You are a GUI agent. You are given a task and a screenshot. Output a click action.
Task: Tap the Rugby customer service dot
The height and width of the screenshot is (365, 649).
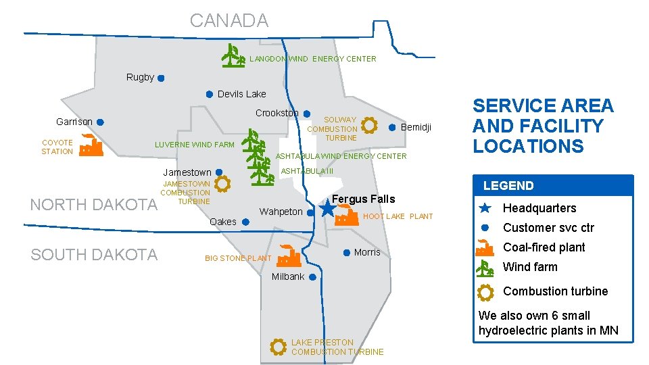click(x=161, y=78)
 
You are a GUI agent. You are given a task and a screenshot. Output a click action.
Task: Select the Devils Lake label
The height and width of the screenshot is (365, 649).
click(x=241, y=94)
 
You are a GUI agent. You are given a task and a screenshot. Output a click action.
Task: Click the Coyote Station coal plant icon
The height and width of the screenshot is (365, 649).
click(x=90, y=145)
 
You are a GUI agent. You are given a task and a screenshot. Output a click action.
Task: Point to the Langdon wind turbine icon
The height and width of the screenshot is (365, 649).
click(x=233, y=56)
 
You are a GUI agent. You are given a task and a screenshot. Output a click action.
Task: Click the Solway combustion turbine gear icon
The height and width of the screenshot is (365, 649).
click(x=369, y=125)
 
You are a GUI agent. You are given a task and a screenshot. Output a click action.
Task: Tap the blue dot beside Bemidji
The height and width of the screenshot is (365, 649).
click(x=392, y=127)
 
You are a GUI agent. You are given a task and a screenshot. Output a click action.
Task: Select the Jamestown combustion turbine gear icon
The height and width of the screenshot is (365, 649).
click(x=222, y=182)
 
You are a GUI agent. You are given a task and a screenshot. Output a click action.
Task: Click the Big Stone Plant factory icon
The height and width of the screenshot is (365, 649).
click(x=289, y=256)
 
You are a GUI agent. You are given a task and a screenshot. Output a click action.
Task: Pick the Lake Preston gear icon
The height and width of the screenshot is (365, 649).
click(x=278, y=347)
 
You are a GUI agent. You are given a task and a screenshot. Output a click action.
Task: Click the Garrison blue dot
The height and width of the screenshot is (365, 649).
click(x=99, y=122)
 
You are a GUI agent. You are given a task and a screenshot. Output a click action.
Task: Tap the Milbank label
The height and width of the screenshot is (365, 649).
click(x=288, y=276)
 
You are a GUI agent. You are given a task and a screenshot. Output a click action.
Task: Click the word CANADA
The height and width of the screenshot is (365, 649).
click(x=229, y=20)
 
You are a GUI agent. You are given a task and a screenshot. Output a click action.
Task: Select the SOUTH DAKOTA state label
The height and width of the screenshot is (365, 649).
click(x=94, y=254)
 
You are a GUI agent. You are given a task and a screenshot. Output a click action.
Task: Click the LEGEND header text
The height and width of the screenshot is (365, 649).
click(x=508, y=186)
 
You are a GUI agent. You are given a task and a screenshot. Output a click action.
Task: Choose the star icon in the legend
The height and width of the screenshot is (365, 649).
click(x=484, y=208)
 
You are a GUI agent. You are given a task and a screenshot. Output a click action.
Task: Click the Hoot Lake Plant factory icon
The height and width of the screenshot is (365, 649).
click(x=347, y=215)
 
